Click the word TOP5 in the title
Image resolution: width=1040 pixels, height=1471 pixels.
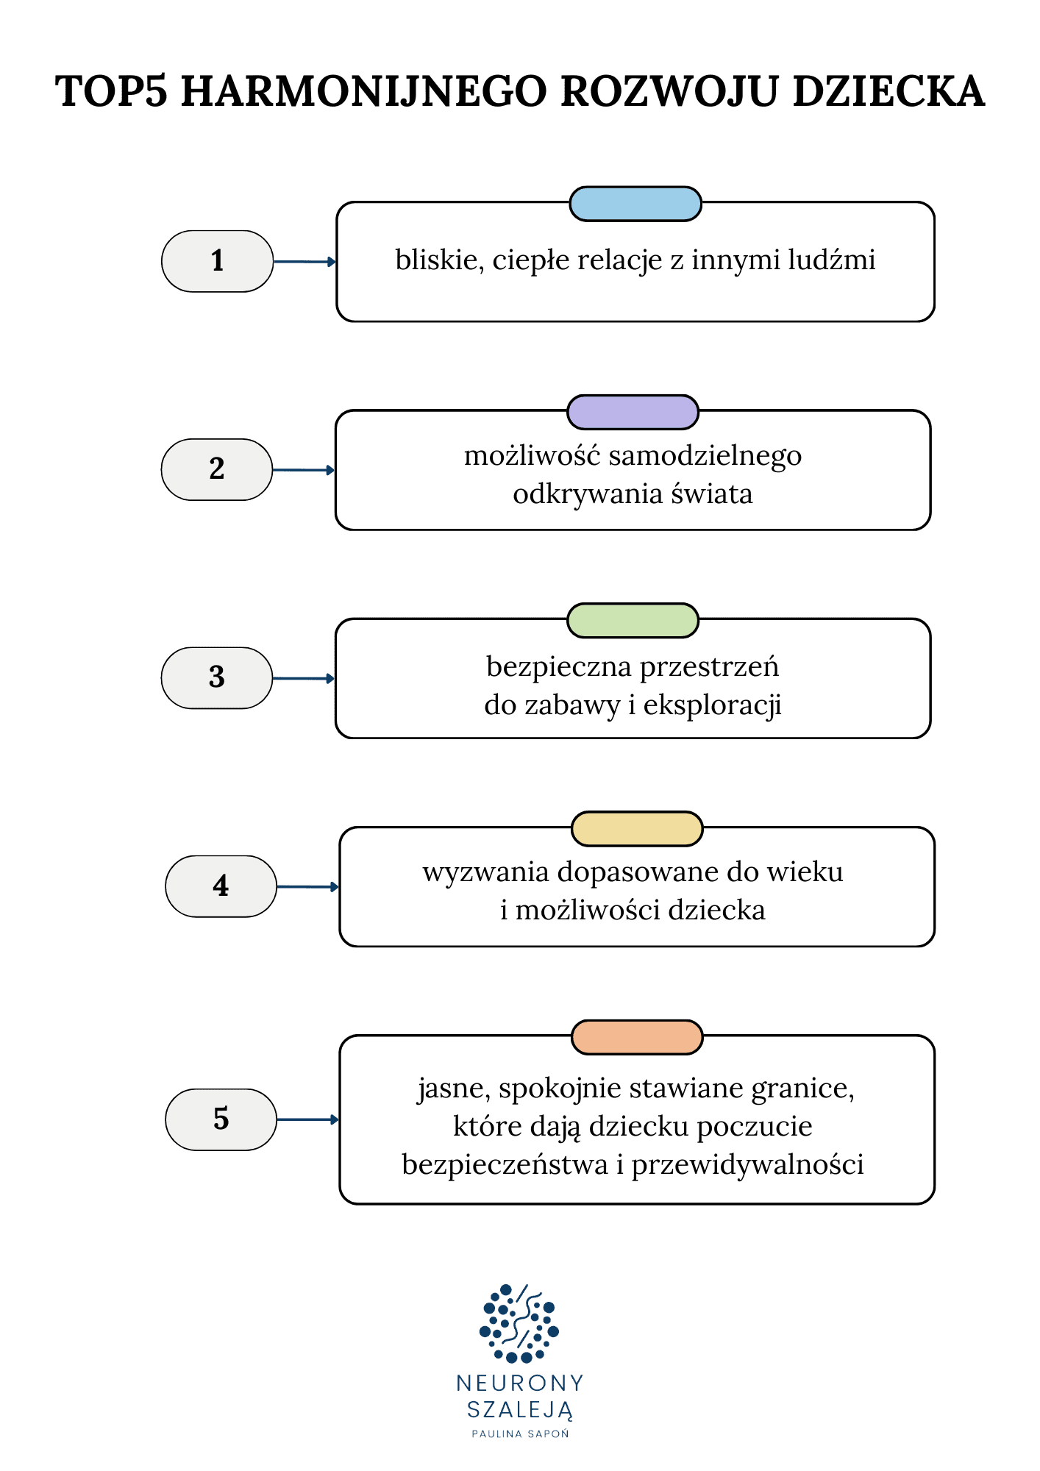[x=111, y=92]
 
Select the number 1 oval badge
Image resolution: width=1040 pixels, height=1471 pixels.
[x=217, y=261]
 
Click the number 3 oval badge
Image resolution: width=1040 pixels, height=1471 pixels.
[x=216, y=677]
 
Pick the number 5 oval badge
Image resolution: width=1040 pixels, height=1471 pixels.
[x=221, y=1119]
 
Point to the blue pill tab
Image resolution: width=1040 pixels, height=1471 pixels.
[x=635, y=204]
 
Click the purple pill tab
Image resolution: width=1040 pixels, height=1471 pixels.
[x=633, y=412]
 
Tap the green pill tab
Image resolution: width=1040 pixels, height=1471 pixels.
[x=633, y=620]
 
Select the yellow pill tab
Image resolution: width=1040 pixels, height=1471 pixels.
[x=637, y=829]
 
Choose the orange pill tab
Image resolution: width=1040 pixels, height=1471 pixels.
[x=637, y=1037]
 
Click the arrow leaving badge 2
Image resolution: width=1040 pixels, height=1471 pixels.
[x=303, y=470]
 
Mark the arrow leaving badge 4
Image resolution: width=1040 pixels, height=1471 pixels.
[x=307, y=887]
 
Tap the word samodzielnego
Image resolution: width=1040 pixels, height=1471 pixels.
[x=705, y=457]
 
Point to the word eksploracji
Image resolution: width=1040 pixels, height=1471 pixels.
[x=712, y=705]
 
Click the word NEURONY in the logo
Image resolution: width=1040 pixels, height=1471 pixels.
[x=519, y=1383]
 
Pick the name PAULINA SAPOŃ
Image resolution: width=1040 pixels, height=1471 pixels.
[x=520, y=1433]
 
